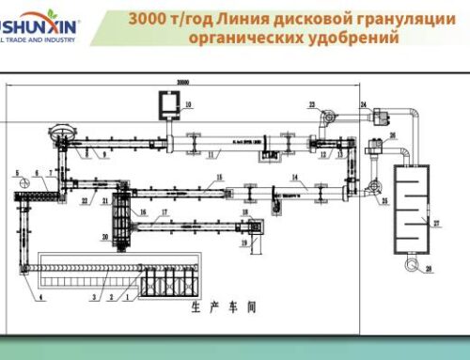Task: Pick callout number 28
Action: click(x=428, y=269)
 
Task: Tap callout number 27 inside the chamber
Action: click(x=435, y=223)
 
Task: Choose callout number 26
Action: click(x=393, y=134)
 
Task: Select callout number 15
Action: click(x=218, y=177)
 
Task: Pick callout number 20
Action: click(x=105, y=237)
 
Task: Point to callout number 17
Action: click(x=164, y=212)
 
